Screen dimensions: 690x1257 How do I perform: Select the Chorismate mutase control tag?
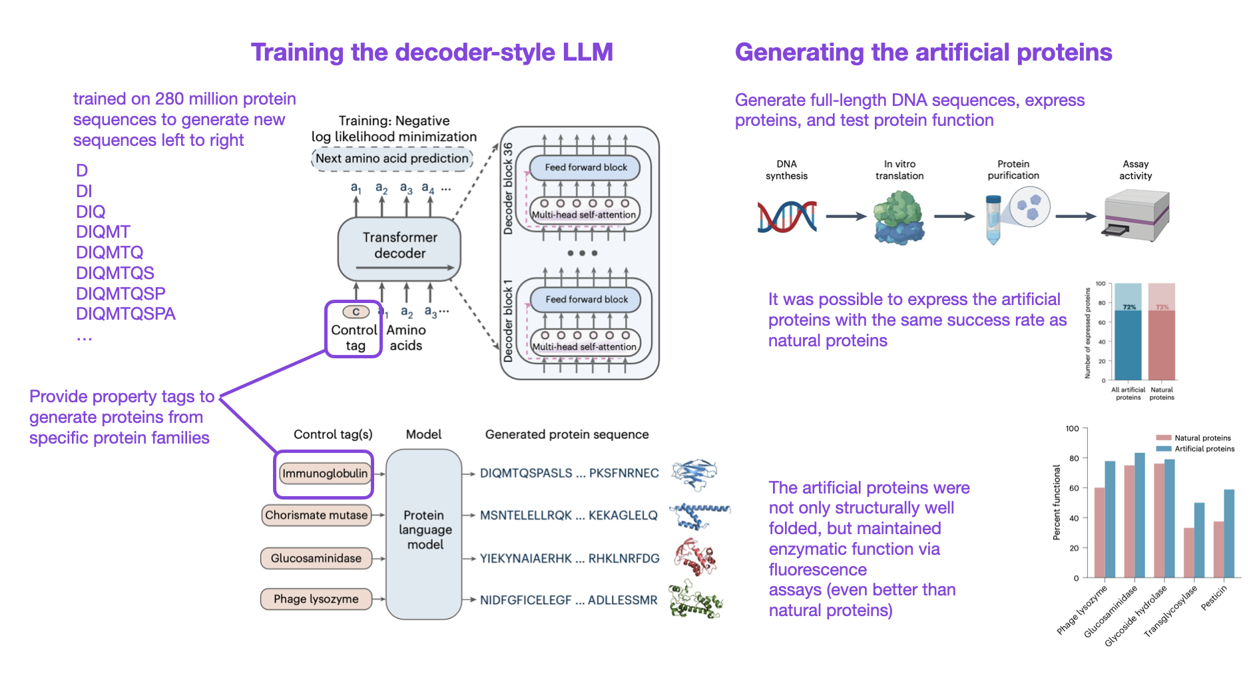(316, 515)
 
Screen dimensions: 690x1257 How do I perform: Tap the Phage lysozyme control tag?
(316, 599)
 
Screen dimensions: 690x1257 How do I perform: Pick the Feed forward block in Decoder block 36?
(585, 167)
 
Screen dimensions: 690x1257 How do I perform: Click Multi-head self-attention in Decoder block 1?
(584, 346)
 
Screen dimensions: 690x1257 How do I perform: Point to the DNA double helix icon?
(787, 216)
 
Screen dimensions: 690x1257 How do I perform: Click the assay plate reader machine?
(1136, 214)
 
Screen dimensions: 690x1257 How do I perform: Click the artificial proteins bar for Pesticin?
(1228, 533)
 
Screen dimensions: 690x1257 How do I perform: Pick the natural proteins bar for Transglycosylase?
(1188, 552)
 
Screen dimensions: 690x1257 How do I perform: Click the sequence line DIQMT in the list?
(103, 232)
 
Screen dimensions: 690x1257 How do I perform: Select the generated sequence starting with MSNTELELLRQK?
(568, 515)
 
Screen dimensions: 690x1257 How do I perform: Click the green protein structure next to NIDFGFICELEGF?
(696, 599)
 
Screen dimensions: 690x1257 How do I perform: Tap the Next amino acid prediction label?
(391, 159)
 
